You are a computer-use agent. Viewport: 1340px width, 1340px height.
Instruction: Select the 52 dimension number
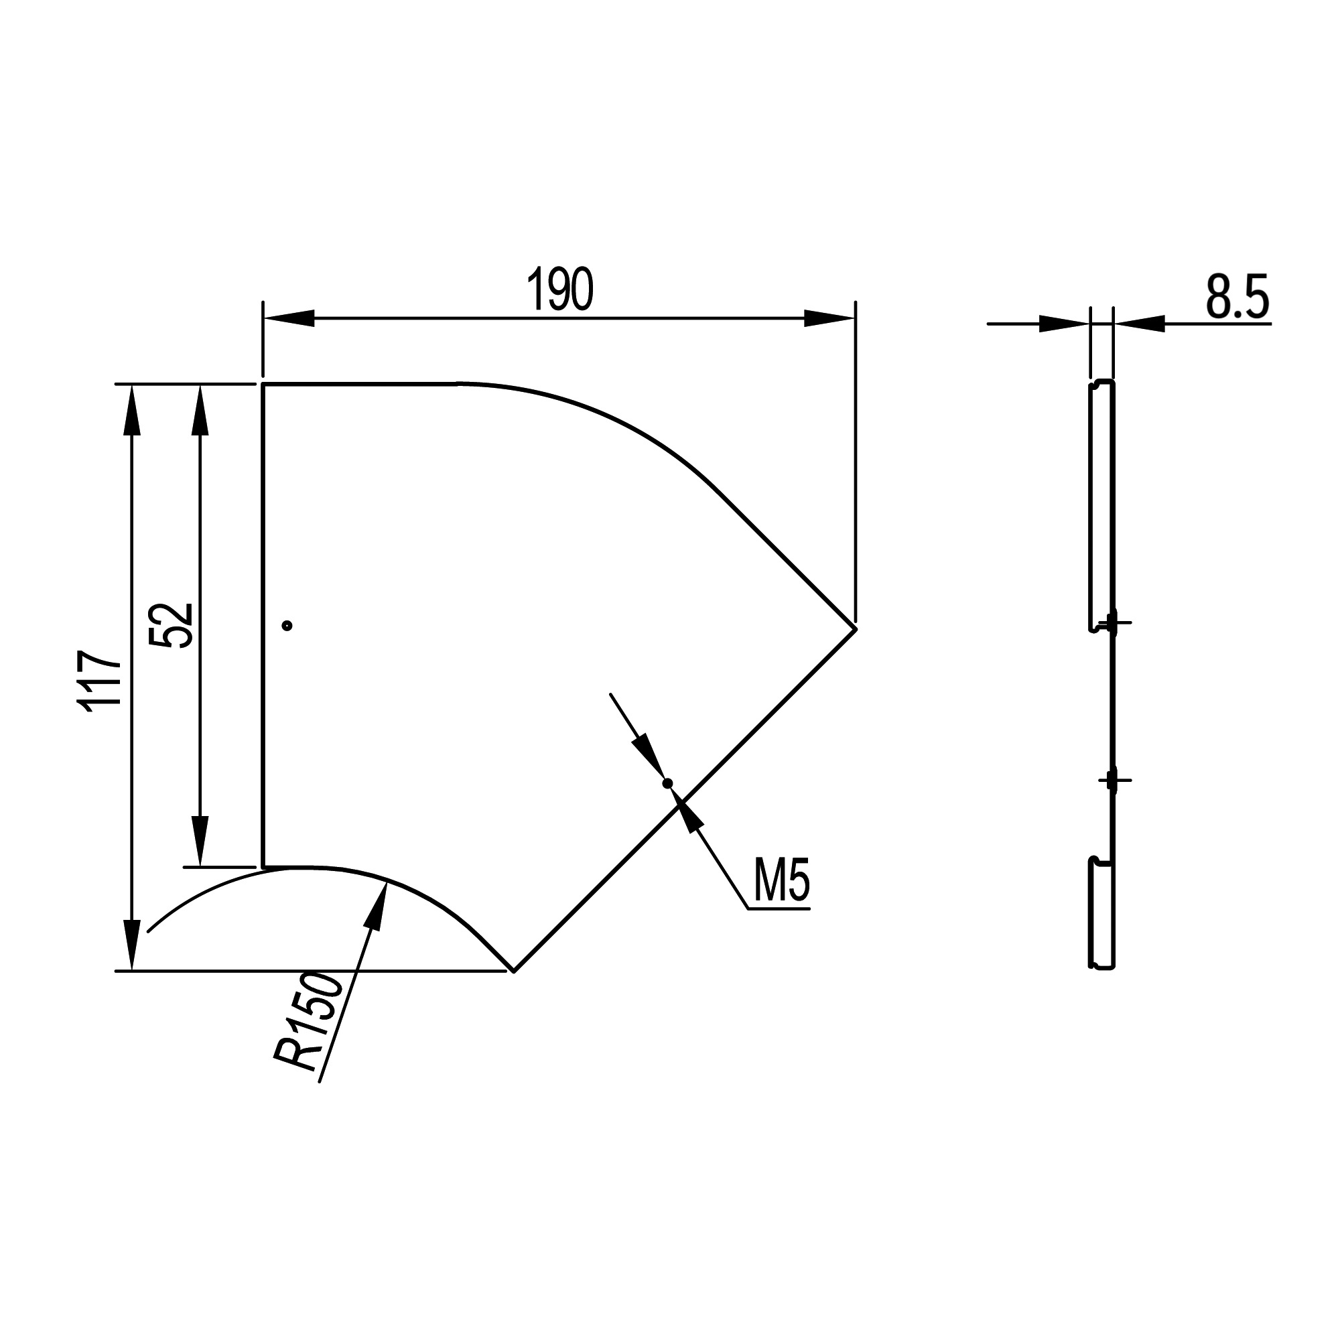tap(171, 625)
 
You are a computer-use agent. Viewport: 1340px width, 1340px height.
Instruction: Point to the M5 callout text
tap(782, 880)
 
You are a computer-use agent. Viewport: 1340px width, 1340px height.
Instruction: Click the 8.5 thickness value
tap(1237, 296)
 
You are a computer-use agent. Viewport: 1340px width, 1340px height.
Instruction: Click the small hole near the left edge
tap(287, 626)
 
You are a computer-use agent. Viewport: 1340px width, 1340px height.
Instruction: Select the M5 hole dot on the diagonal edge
tap(668, 783)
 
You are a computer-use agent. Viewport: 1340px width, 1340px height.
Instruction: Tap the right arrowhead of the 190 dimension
tap(829, 318)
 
